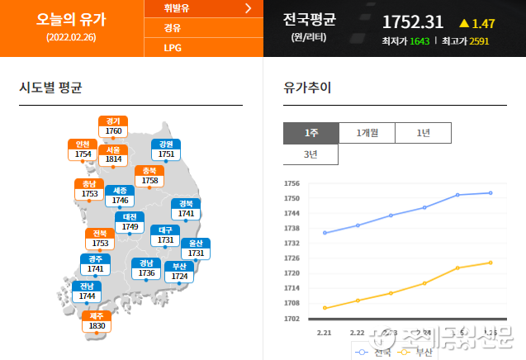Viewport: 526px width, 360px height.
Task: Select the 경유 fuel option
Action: [x=173, y=28]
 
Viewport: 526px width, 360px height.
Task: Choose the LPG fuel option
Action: [x=173, y=47]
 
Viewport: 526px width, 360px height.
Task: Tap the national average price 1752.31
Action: [x=412, y=22]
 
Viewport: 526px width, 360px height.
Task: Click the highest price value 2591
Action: [x=479, y=40]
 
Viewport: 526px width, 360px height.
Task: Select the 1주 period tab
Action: [x=310, y=132]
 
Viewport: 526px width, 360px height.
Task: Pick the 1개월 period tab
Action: [x=367, y=132]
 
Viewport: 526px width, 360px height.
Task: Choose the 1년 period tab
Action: [x=423, y=132]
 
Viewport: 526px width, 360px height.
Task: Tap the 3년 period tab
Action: [x=310, y=154]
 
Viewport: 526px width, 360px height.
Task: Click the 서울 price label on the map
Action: [x=113, y=154]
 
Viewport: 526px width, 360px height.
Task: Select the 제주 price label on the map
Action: [x=97, y=321]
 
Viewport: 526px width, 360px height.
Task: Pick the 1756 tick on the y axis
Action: [x=291, y=183]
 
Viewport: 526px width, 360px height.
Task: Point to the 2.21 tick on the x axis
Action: [x=324, y=332]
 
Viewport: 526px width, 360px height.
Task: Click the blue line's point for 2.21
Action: [x=325, y=233]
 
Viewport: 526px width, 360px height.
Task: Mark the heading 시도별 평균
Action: [x=50, y=88]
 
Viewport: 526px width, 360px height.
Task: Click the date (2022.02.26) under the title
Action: [x=71, y=37]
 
